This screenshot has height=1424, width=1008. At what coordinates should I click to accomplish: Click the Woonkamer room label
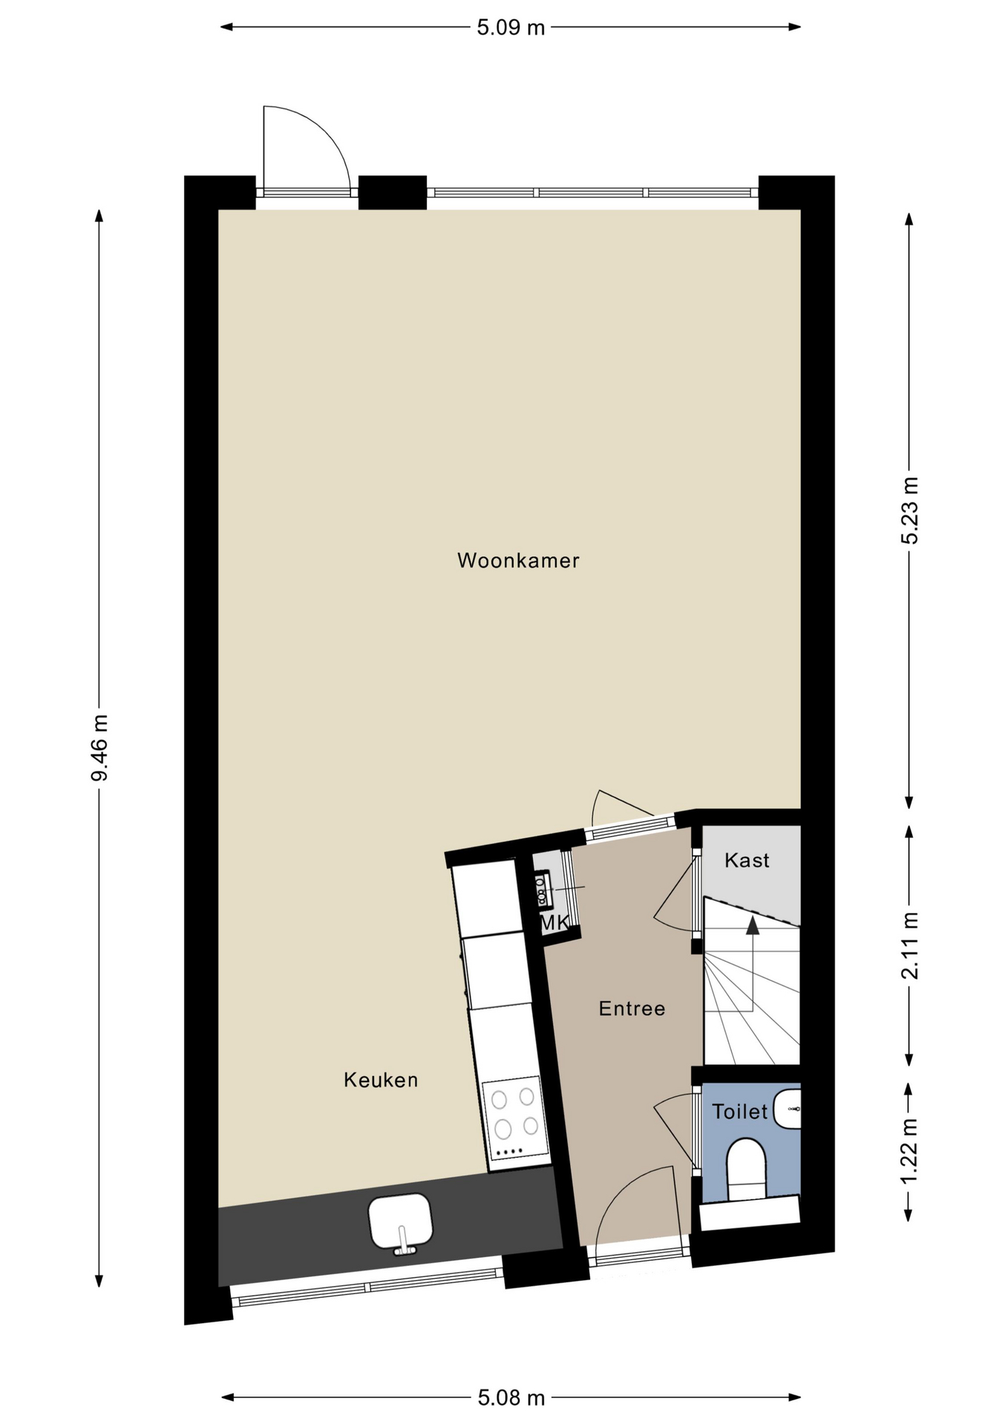(518, 560)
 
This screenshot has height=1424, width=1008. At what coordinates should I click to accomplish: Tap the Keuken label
(381, 1080)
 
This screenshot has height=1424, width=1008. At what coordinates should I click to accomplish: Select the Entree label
(632, 1009)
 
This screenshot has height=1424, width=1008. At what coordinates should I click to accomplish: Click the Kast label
(747, 860)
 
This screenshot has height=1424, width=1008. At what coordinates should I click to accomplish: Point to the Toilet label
(740, 1112)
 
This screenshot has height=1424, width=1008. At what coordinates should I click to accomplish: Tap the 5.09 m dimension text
(511, 28)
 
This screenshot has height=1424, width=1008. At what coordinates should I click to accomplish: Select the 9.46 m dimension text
(99, 748)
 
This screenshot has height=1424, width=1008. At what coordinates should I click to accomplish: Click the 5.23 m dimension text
(909, 511)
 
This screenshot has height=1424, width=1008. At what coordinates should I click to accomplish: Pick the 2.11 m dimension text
(909, 946)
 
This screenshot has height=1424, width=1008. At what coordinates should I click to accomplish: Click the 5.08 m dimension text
(511, 1398)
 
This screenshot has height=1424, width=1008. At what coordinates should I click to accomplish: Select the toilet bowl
(746, 1169)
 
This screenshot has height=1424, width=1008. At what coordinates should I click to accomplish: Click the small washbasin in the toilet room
(787, 1110)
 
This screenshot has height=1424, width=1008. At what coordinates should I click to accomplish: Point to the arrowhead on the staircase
(753, 924)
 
